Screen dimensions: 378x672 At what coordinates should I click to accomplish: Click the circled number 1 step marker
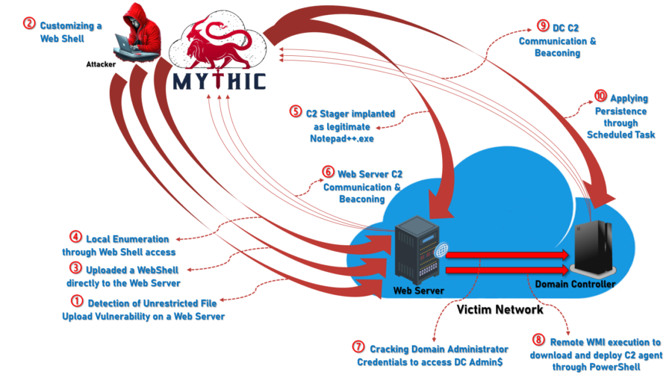coord(77,301)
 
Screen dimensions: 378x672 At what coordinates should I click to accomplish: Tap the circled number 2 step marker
coord(29,23)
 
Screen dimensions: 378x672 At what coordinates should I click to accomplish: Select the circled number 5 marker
coord(295,112)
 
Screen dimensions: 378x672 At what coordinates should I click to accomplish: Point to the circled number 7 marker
coord(359,347)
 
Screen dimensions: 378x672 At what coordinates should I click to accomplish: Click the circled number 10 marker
coord(600,97)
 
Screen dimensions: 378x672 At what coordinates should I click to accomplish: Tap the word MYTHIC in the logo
coord(219,80)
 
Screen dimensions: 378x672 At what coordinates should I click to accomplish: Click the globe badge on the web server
coord(441,250)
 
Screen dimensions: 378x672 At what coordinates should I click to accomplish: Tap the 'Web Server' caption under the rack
coord(418,290)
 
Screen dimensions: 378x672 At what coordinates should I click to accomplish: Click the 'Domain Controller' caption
coord(575,285)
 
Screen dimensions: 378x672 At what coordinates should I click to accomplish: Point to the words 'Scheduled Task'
coord(620,134)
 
